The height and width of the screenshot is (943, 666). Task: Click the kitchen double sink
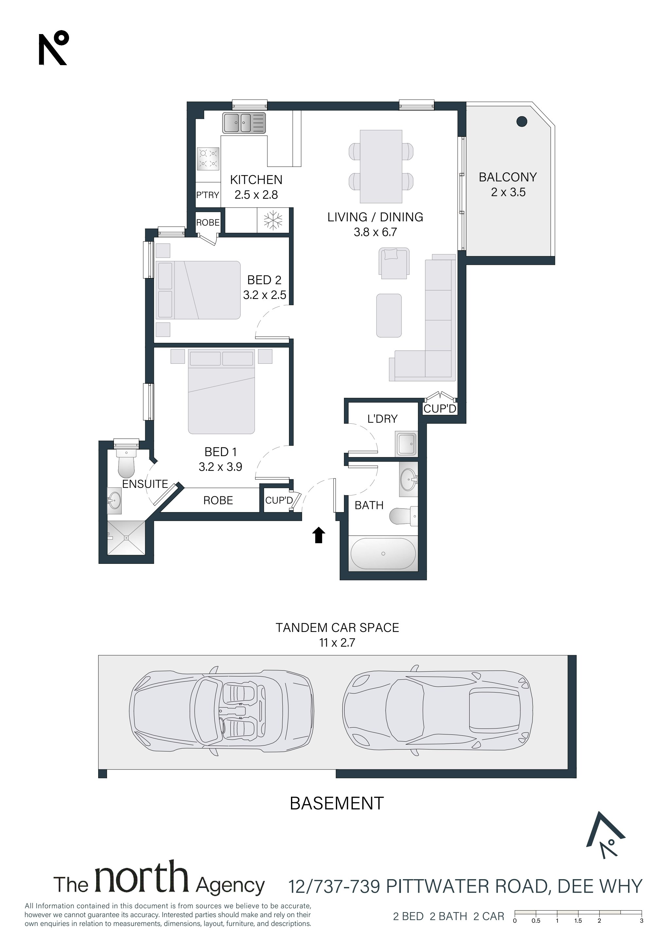244,123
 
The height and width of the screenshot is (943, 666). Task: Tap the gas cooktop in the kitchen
208,158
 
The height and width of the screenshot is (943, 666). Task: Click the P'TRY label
208,195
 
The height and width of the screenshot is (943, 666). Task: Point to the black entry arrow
319,535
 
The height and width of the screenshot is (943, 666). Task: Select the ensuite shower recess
126,537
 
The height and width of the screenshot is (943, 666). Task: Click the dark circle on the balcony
521,121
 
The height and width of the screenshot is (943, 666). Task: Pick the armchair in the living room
394,263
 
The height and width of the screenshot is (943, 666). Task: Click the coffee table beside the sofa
389,315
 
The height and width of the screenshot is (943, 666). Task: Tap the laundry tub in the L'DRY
406,444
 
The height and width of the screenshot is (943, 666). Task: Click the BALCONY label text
508,177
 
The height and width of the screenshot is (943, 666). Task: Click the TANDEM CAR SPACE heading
337,628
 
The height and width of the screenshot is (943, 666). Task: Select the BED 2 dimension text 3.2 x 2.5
264,295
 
